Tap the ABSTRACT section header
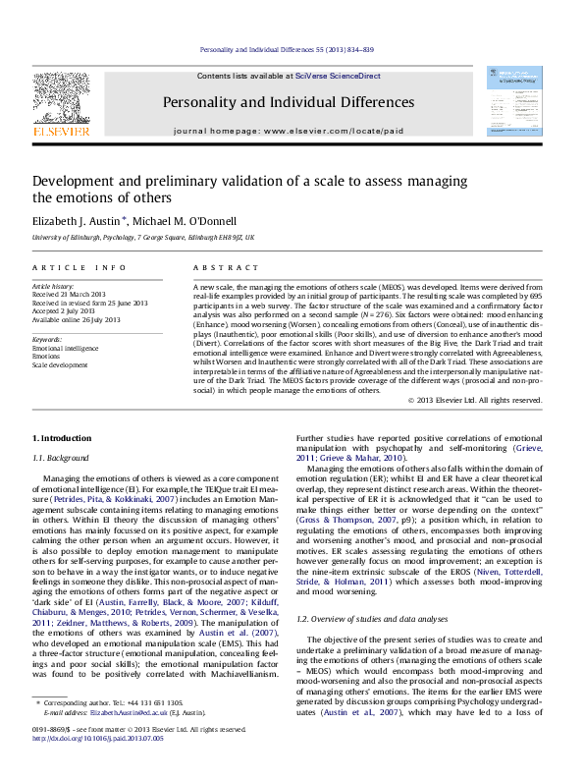click(x=220, y=267)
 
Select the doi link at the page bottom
click(x=89, y=763)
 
